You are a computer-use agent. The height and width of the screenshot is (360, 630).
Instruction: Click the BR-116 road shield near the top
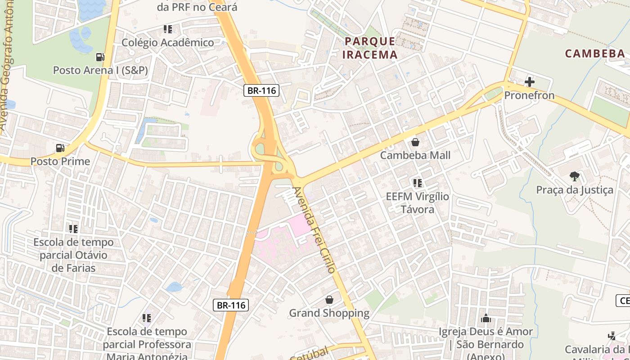pyautogui.click(x=262, y=90)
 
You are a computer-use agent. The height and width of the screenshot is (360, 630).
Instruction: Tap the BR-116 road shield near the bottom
pyautogui.click(x=231, y=305)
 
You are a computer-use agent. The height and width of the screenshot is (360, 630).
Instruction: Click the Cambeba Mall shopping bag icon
pyautogui.click(x=415, y=142)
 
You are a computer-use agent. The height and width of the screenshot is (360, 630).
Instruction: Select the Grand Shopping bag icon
pyautogui.click(x=329, y=300)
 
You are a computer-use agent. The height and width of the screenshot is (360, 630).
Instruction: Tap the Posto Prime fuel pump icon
pyautogui.click(x=60, y=148)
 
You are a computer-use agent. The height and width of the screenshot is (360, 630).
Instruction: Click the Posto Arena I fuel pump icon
pyautogui.click(x=100, y=57)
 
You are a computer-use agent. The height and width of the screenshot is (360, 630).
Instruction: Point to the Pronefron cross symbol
pyautogui.click(x=530, y=82)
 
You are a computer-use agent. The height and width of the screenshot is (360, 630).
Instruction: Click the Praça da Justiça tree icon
pyautogui.click(x=574, y=176)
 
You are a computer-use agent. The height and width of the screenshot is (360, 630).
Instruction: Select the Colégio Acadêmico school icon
pyautogui.click(x=168, y=30)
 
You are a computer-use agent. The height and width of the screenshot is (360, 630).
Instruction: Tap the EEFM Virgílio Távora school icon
pyautogui.click(x=417, y=183)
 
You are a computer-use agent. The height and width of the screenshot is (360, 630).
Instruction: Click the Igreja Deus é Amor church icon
pyautogui.click(x=486, y=318)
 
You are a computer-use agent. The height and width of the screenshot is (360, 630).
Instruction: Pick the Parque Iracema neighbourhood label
pyautogui.click(x=370, y=48)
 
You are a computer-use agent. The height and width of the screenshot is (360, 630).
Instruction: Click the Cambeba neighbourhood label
pyautogui.click(x=595, y=54)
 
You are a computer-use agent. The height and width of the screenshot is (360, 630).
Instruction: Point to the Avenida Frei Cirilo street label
pyautogui.click(x=314, y=230)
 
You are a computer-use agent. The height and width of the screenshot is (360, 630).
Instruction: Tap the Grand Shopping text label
pyautogui.click(x=329, y=313)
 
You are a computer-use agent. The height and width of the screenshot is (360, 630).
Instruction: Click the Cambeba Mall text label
pyautogui.click(x=415, y=155)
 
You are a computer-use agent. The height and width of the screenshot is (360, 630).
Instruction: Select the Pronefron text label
pyautogui.click(x=529, y=95)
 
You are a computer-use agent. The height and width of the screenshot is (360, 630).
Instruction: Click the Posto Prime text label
pyautogui.click(x=60, y=161)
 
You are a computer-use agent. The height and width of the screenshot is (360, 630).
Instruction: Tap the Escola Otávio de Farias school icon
pyautogui.click(x=73, y=229)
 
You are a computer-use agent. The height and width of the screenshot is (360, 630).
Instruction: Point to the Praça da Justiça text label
pyautogui.click(x=574, y=190)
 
